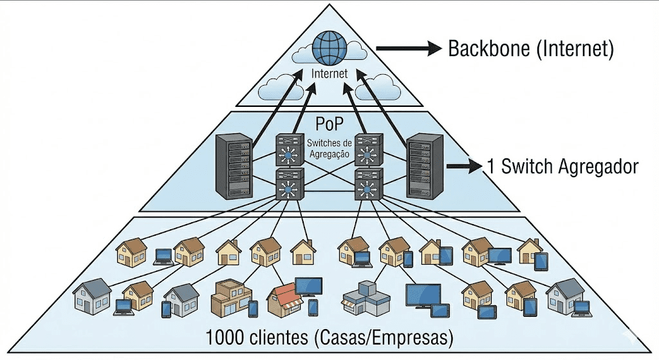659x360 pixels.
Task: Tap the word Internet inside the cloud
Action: coord(329,73)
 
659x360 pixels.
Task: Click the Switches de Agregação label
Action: coord(329,147)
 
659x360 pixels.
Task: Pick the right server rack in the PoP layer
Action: coord(425,166)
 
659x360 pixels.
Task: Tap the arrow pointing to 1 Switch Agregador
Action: coord(463,166)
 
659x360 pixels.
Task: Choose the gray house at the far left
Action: coord(92,296)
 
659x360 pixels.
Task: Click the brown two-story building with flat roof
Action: coord(231,297)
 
